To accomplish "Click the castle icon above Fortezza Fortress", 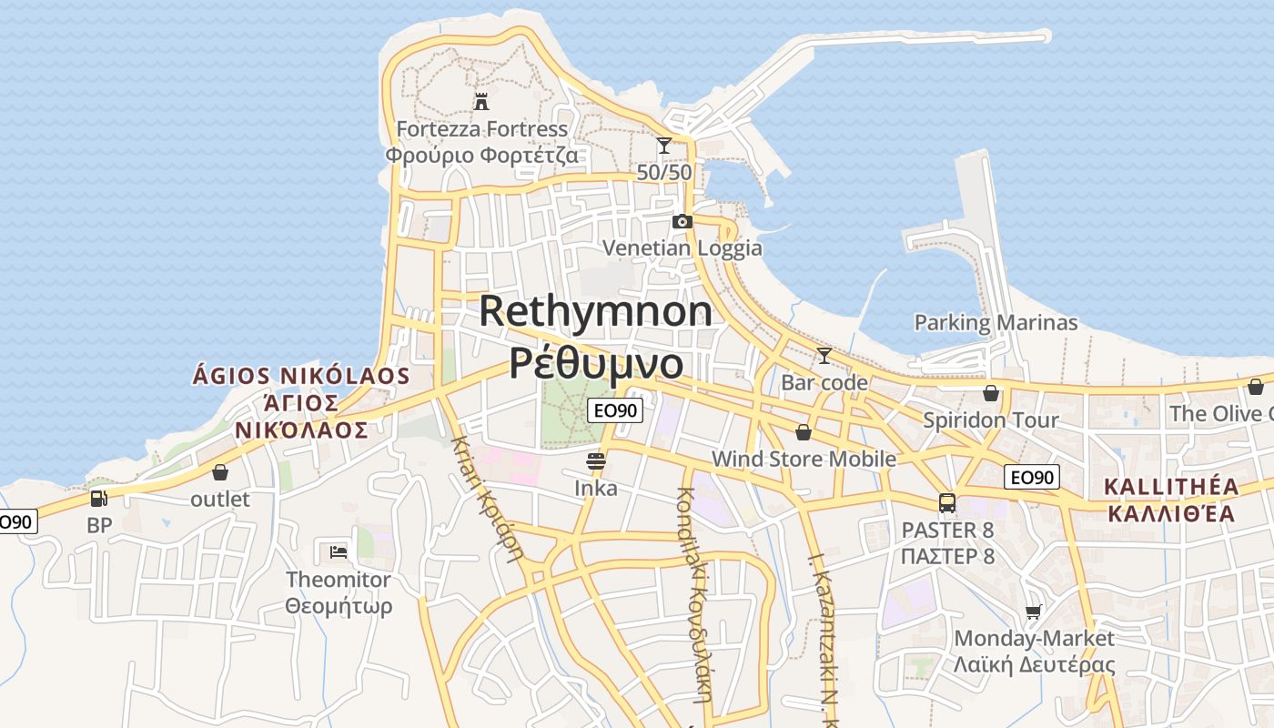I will pyautogui.click(x=481, y=101).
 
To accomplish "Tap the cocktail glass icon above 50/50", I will pyautogui.click(x=664, y=146).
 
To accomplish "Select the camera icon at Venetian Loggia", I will pyautogui.click(x=682, y=221).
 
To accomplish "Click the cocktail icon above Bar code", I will pyautogui.click(x=824, y=355).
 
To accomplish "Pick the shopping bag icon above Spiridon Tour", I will pyautogui.click(x=991, y=393).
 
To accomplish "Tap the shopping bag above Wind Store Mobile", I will pyautogui.click(x=804, y=432).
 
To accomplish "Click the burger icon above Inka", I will pyautogui.click(x=596, y=461).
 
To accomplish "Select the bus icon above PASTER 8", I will pyautogui.click(x=947, y=503).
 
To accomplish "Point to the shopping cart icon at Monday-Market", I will pyautogui.click(x=1033, y=612).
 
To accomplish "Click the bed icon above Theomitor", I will pyautogui.click(x=339, y=551).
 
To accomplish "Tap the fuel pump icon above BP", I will pyautogui.click(x=98, y=499).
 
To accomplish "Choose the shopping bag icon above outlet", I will pyautogui.click(x=220, y=472).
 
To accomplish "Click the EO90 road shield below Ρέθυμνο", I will pyautogui.click(x=615, y=410).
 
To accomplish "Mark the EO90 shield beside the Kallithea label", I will pyautogui.click(x=1033, y=477).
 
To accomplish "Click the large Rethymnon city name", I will pyautogui.click(x=596, y=311).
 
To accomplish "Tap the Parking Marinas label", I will pyautogui.click(x=996, y=322).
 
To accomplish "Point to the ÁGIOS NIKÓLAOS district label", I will pyautogui.click(x=301, y=376).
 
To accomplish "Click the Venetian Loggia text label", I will pyautogui.click(x=682, y=248).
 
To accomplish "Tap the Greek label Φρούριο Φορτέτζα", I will pyautogui.click(x=481, y=155).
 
